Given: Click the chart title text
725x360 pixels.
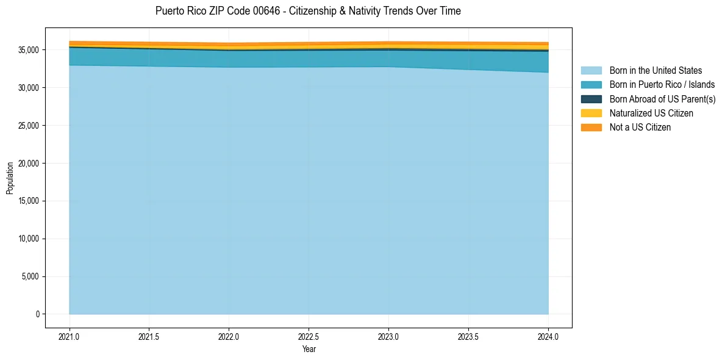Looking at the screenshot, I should pyautogui.click(x=308, y=11).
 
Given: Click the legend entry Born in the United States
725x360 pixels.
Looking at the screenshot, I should pyautogui.click(x=655, y=71).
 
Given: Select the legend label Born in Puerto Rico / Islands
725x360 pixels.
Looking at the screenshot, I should pyautogui.click(x=662, y=85).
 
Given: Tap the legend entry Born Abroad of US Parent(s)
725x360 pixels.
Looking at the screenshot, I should pyautogui.click(x=662, y=99).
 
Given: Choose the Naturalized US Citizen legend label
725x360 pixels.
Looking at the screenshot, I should pyautogui.click(x=651, y=113).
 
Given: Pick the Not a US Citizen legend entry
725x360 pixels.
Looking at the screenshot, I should pyautogui.click(x=640, y=127).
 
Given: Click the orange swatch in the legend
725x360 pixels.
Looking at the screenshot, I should pyautogui.click(x=591, y=127).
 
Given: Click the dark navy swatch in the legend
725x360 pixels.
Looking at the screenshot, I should pyautogui.click(x=591, y=99).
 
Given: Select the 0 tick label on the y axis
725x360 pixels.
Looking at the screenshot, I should pyautogui.click(x=37, y=314).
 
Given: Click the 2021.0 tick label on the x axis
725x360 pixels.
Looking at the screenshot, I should pyautogui.click(x=69, y=336).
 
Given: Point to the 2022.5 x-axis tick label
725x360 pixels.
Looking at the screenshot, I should pyautogui.click(x=309, y=336).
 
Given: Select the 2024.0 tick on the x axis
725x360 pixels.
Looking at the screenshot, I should pyautogui.click(x=548, y=336).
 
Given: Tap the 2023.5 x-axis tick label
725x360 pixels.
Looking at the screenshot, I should pyautogui.click(x=468, y=336).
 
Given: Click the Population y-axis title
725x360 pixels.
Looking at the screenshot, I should pyautogui.click(x=10, y=178).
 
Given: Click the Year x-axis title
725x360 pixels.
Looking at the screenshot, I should pyautogui.click(x=309, y=349).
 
